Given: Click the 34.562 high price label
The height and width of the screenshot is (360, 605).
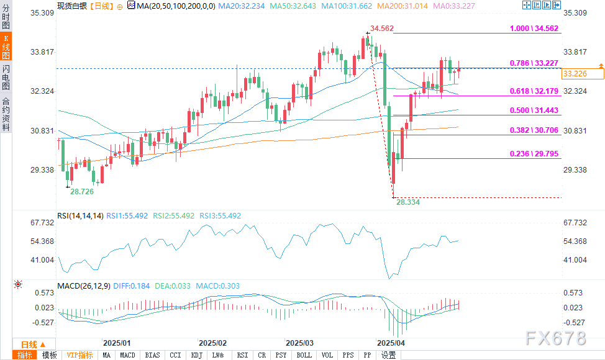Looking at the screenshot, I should pos(381,29).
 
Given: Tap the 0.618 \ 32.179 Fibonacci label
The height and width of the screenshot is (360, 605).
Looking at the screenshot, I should pos(534,91).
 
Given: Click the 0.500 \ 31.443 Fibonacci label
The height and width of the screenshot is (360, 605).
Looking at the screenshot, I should pos(534,110).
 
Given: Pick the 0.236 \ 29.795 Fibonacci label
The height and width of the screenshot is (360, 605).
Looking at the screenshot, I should pos(534,154).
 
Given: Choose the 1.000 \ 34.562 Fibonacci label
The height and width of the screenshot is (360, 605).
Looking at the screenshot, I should pos(534,29).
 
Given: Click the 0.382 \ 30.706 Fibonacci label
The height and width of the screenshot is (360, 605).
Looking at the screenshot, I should pos(534,131).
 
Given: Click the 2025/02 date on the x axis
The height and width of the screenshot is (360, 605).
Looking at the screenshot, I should pos(212,343).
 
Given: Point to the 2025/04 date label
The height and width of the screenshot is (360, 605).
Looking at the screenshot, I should pos(391,343).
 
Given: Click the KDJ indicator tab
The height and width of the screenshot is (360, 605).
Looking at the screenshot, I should pos(197,355).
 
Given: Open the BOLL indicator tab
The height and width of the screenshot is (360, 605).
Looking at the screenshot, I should pos(304,355).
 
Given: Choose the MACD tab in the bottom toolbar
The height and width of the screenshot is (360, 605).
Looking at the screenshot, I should pos(127,355).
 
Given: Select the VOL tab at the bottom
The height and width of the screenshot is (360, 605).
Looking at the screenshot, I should pos(327,355).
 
